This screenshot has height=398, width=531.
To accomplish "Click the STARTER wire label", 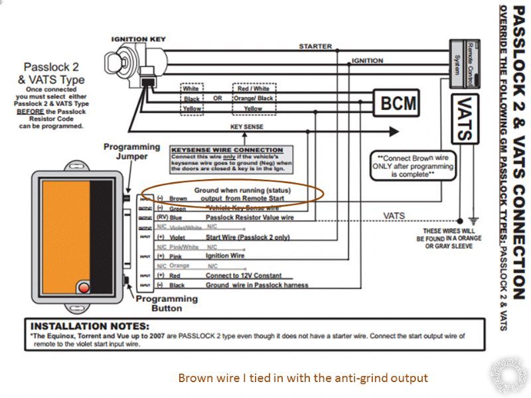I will (x=315, y=46).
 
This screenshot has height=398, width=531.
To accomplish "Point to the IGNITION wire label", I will (x=367, y=61).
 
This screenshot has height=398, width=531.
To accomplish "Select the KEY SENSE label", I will (x=246, y=127).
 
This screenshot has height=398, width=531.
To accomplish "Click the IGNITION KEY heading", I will (x=138, y=39).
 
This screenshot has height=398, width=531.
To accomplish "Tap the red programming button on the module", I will (x=84, y=287).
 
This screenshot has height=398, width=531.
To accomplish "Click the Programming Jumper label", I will (x=131, y=151).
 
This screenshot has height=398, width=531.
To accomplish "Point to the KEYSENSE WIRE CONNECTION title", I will (x=228, y=150).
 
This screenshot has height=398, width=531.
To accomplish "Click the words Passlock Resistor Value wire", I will (x=250, y=217).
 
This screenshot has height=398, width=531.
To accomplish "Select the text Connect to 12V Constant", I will (x=244, y=275).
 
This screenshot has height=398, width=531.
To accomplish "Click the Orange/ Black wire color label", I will (x=252, y=98).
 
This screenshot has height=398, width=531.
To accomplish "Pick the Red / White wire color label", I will (x=252, y=88).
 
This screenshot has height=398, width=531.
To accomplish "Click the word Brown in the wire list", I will (x=178, y=198).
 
